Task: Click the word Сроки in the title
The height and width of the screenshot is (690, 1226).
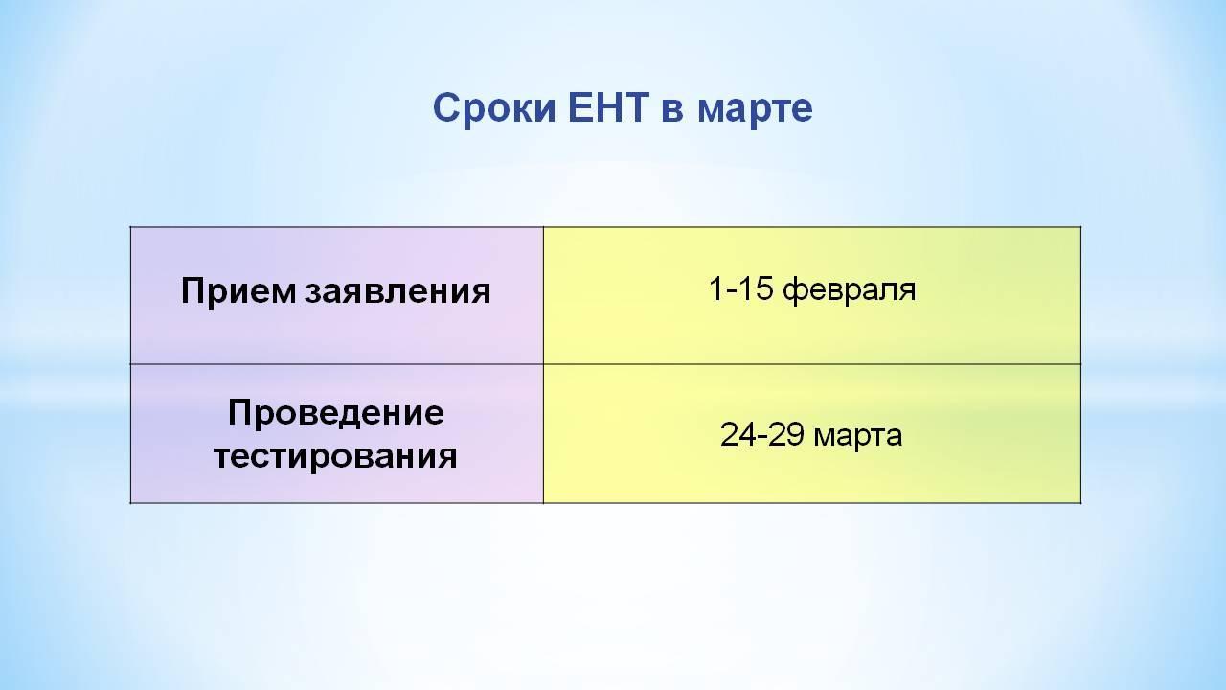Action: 495,108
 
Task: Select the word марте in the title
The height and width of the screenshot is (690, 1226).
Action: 756,109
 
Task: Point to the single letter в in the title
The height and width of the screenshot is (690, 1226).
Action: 672,111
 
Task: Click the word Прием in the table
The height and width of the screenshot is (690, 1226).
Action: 238,290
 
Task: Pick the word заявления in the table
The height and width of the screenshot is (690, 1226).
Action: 397,292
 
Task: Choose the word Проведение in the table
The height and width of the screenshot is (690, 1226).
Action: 336,412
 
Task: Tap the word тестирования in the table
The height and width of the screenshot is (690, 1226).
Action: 335,456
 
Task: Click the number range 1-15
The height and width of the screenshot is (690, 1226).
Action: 741,288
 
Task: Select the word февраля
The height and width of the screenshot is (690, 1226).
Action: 850,289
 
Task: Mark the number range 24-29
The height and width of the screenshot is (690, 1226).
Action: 761,435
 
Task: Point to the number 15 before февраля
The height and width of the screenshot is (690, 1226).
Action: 756,288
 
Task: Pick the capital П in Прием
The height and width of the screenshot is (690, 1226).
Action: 193,290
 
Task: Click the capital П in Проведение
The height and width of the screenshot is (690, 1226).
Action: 240,412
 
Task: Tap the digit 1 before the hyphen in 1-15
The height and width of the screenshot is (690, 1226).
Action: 715,288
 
